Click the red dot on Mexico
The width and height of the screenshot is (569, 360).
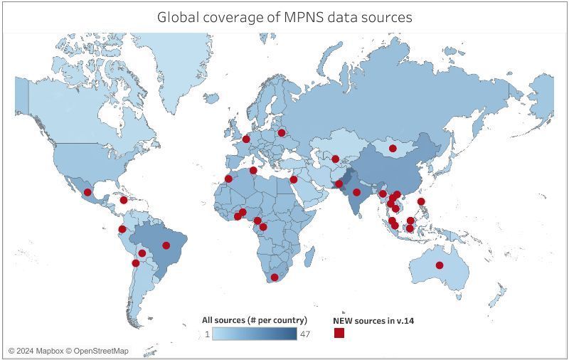[87, 192]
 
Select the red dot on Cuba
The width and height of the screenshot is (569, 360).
[124, 200]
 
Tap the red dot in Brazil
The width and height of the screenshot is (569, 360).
[166, 245]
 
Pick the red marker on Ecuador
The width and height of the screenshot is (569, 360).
[122, 229]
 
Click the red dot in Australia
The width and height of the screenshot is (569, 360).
[440, 265]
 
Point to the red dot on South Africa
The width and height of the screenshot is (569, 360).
[275, 277]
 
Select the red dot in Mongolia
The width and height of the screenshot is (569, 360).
[393, 149]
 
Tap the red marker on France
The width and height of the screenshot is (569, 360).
[247, 139]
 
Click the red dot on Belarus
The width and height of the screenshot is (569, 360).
[282, 132]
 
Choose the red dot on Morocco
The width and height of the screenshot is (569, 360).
[228, 179]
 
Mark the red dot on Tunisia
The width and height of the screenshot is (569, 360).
[253, 171]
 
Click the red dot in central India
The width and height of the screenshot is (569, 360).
[356, 192]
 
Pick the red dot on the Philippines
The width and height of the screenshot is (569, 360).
[422, 201]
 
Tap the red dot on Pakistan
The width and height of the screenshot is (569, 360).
[339, 184]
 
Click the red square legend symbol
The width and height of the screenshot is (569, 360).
[339, 333]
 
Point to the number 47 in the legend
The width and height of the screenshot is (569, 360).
[304, 334]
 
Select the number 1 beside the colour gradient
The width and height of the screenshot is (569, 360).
[207, 334]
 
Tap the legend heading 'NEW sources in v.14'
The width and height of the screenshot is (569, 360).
[373, 321]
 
